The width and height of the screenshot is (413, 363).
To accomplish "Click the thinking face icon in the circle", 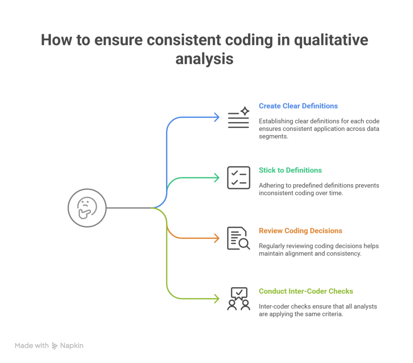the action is coord(87,208).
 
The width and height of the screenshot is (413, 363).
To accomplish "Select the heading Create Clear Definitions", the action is coord(298,106).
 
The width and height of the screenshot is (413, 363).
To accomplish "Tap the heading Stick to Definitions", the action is coord(290,170).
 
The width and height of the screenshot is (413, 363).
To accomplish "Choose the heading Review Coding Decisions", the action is coord(300,231).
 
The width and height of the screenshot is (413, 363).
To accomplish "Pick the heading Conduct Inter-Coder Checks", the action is coord(306,291).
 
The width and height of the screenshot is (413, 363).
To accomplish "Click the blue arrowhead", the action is coord(217,117).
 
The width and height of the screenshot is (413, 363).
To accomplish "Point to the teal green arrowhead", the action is coord(217,178).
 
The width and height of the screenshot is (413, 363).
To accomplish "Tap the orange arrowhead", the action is coord(217,238).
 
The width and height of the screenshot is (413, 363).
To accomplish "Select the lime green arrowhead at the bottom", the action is coord(217,299).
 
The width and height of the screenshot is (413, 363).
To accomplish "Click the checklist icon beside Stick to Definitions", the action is coord(239,178).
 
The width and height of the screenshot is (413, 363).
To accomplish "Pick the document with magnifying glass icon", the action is coord(239,238).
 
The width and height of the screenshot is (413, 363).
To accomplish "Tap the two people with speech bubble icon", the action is coord(239,299).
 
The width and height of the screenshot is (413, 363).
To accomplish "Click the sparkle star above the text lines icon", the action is coord(245,111).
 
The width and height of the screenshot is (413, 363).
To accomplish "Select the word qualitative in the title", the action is coord(331,40).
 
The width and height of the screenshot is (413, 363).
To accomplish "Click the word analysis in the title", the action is coord(204,59).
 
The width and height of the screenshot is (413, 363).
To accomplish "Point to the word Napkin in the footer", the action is coord(72,346).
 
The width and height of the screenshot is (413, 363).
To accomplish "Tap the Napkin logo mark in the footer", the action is coord(54,346).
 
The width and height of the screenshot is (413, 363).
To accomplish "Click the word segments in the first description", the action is coord(273,136).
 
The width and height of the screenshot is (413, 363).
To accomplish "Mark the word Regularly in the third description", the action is coord(271,246).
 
